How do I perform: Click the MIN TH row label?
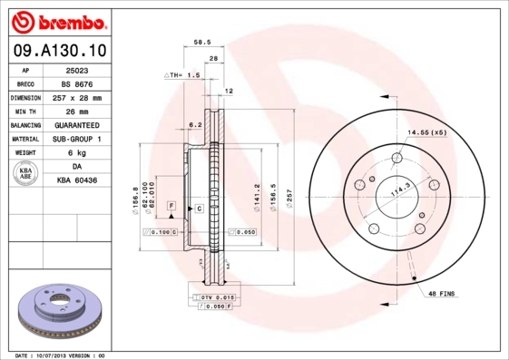26,111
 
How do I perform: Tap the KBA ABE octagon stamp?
26,174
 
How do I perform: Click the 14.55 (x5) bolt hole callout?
426,133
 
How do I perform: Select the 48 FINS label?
440,293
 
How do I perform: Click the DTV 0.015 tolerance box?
214,297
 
